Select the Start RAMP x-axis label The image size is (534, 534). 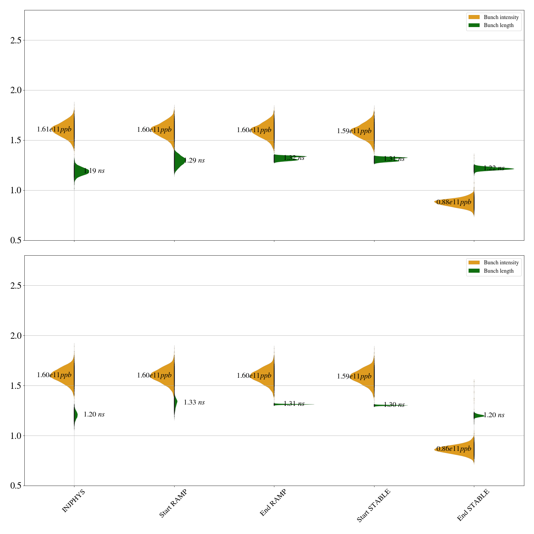point(173,503)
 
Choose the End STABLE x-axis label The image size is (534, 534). point(473,505)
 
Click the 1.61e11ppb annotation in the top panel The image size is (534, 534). point(54,129)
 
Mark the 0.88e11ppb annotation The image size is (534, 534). point(454,202)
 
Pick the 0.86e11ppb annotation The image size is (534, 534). point(454,449)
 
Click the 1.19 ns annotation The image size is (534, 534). point(94,171)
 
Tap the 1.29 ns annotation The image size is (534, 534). point(194,160)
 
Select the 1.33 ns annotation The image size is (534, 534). point(194,402)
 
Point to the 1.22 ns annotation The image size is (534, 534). point(494,168)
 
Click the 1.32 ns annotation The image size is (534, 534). point(294,158)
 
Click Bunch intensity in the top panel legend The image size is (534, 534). point(501,17)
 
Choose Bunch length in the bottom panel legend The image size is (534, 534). point(499,271)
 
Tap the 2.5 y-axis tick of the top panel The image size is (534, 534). point(16,40)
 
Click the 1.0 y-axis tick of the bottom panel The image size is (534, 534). point(16,436)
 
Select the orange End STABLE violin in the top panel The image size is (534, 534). point(461,202)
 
